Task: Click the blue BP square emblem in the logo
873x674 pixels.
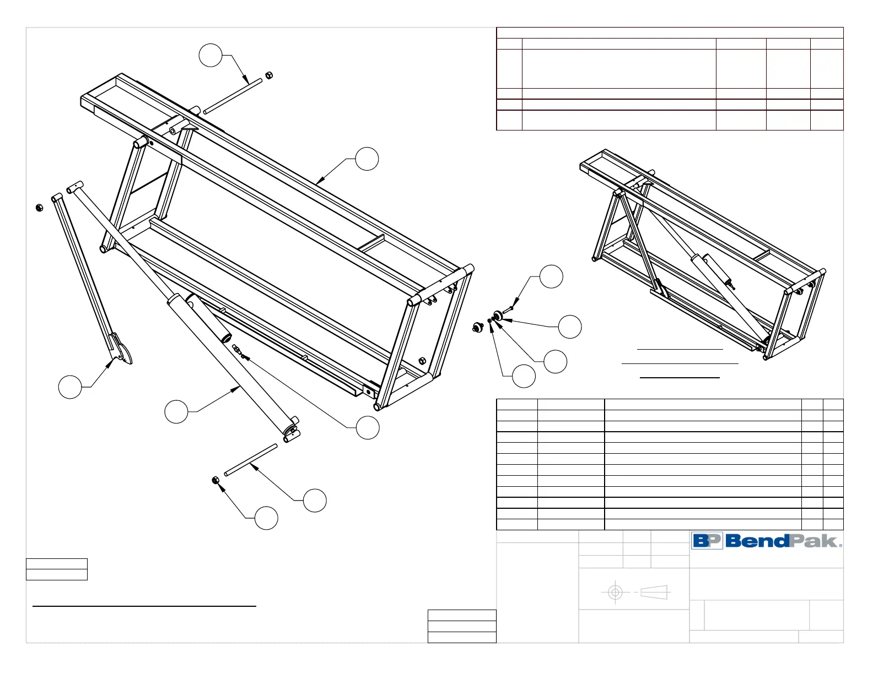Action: (707, 541)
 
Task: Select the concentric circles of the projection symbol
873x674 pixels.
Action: (615, 593)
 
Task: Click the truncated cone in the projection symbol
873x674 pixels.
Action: (654, 593)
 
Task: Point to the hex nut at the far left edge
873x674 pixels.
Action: (39, 208)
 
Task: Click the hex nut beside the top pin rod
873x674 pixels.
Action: (269, 75)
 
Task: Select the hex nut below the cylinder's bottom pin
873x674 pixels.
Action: (216, 481)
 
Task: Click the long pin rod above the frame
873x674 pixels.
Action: (233, 97)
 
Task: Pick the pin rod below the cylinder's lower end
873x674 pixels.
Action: (251, 460)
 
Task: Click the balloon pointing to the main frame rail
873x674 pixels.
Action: (367, 159)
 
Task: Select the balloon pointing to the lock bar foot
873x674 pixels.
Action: (70, 387)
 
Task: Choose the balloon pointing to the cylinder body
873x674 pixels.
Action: (176, 411)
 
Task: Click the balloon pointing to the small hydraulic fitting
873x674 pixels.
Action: (368, 427)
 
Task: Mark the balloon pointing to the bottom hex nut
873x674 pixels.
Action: (266, 518)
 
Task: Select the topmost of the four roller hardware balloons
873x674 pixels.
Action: (551, 276)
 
